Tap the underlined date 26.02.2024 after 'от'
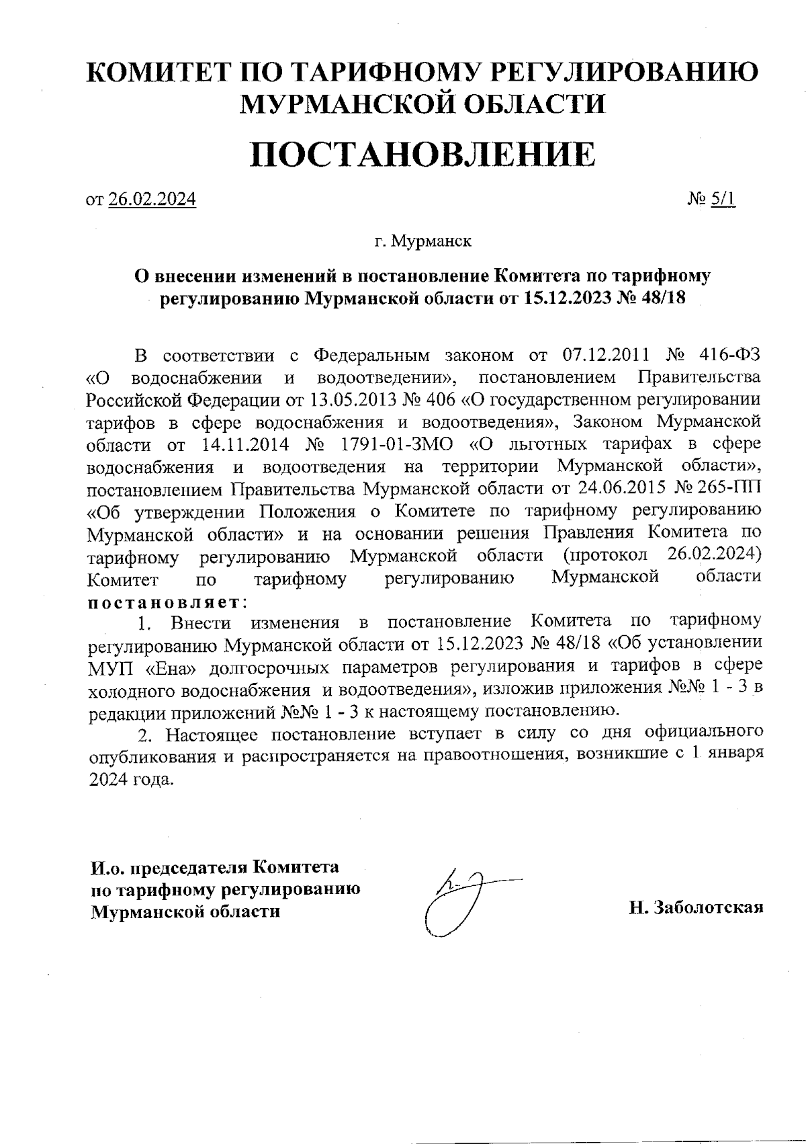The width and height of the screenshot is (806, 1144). pos(151,200)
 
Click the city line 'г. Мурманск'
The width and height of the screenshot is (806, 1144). pos(422,241)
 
